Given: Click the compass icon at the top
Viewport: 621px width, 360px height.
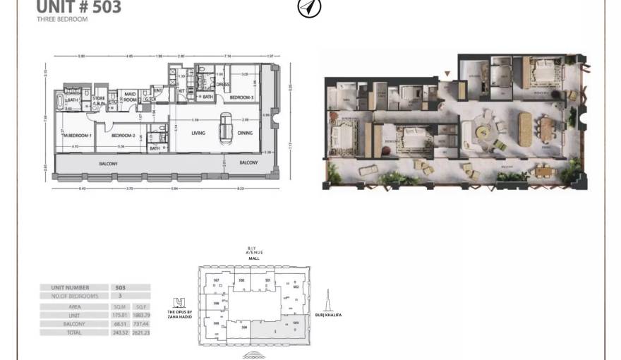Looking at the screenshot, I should (310, 8).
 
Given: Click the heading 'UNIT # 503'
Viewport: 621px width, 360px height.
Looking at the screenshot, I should (78, 7).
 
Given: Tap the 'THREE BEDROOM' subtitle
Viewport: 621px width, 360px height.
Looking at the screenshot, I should (62, 20).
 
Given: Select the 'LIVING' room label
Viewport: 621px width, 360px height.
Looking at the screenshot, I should (198, 133).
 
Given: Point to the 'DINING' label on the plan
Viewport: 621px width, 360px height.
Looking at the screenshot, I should (245, 133).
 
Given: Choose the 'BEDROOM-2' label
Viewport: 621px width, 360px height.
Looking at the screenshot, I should (123, 135).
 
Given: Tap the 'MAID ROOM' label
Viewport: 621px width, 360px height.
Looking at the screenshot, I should (130, 97).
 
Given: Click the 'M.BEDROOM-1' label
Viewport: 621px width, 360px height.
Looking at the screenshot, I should (77, 135).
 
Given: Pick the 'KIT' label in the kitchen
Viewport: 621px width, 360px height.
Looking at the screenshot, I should (181, 90).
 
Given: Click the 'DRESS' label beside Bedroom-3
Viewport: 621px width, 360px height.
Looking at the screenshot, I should (223, 85).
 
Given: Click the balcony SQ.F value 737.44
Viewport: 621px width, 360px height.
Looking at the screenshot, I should (141, 324).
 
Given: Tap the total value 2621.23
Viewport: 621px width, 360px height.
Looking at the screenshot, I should (141, 332).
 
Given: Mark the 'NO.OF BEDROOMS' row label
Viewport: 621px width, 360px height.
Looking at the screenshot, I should (75, 296).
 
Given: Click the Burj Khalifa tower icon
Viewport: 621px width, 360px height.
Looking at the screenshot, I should (327, 301).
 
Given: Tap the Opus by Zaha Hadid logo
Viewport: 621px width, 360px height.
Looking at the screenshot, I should (179, 302).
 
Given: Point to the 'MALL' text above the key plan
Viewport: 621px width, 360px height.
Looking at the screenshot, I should (253, 258).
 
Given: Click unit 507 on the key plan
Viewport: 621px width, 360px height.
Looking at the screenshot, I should (217, 280).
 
